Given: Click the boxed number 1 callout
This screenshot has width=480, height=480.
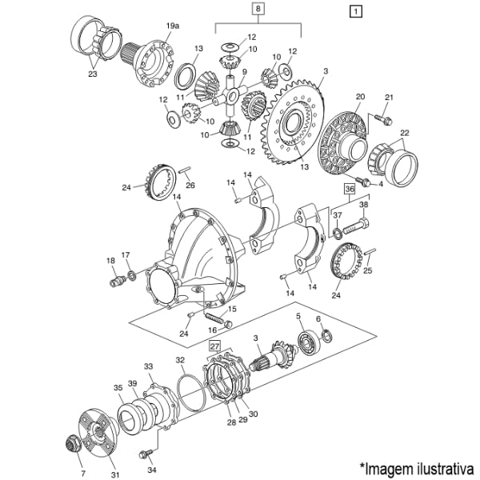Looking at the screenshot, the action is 355,12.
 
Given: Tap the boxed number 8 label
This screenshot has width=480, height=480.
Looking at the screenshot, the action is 258,9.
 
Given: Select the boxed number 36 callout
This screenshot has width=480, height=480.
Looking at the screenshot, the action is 350,189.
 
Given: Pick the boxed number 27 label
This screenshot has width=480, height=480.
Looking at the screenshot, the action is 215,346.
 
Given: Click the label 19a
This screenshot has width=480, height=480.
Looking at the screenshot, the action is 172,26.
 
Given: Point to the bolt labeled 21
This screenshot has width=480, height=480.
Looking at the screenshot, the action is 382,119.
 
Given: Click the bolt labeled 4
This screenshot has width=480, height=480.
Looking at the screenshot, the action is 363,182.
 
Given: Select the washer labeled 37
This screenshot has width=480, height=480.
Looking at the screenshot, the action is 338,234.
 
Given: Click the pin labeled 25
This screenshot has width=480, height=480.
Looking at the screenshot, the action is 370,253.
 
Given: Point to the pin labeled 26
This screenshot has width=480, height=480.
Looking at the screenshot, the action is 185,170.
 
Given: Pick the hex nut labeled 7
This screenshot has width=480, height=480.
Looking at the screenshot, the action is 74,443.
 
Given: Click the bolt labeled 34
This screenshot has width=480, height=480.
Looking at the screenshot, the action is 146,454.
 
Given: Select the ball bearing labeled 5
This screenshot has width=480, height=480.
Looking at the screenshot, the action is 309,343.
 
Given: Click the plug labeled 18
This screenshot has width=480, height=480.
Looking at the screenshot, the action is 118,281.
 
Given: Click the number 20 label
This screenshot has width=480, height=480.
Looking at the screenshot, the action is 360,97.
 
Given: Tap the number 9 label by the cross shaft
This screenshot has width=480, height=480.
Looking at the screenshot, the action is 244,72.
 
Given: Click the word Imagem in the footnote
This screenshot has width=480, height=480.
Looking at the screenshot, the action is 386,468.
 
